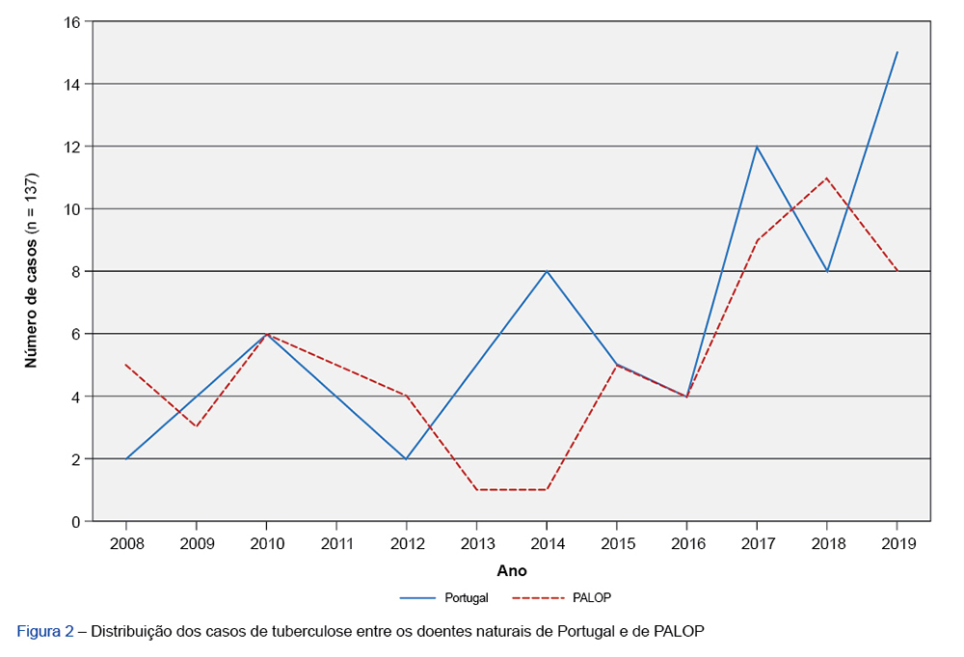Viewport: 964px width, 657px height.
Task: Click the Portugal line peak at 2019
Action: coord(897,52)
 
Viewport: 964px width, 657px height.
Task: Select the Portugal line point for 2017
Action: coord(757,147)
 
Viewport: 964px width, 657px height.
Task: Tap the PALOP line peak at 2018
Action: coord(827,178)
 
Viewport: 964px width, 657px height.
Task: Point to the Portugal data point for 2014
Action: coord(547,271)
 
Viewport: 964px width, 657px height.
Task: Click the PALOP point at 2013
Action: coord(476,490)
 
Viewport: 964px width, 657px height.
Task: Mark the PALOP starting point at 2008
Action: coord(126,365)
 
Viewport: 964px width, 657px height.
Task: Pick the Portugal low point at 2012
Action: coord(407,458)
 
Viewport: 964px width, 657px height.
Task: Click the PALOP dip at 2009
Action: coord(197,427)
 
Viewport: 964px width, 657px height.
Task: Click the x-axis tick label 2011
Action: coord(336,544)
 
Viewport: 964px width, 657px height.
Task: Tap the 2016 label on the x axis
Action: coord(686,544)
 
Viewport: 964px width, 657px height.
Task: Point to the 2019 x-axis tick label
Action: coord(897,544)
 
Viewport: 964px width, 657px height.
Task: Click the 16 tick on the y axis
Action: coord(73,21)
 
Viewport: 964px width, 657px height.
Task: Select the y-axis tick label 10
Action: coord(73,208)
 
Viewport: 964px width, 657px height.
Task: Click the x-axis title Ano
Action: coord(512,571)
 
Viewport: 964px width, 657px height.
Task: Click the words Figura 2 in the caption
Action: coord(45,632)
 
